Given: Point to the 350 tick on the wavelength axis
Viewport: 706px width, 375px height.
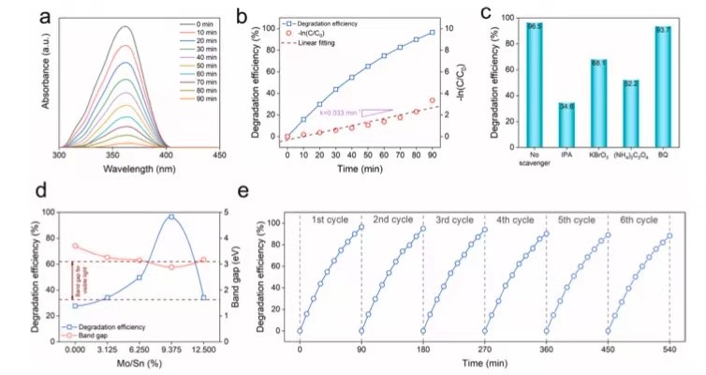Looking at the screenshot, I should click(111, 155).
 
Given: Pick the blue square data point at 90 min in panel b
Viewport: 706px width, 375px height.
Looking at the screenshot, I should click(433, 33).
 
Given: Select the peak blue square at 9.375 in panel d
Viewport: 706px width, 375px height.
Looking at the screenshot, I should click(171, 217).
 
